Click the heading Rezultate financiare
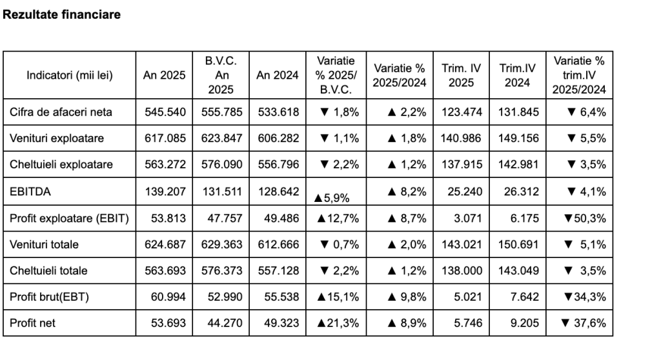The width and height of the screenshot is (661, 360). click(x=61, y=15)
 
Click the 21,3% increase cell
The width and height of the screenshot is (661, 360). click(x=337, y=323)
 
